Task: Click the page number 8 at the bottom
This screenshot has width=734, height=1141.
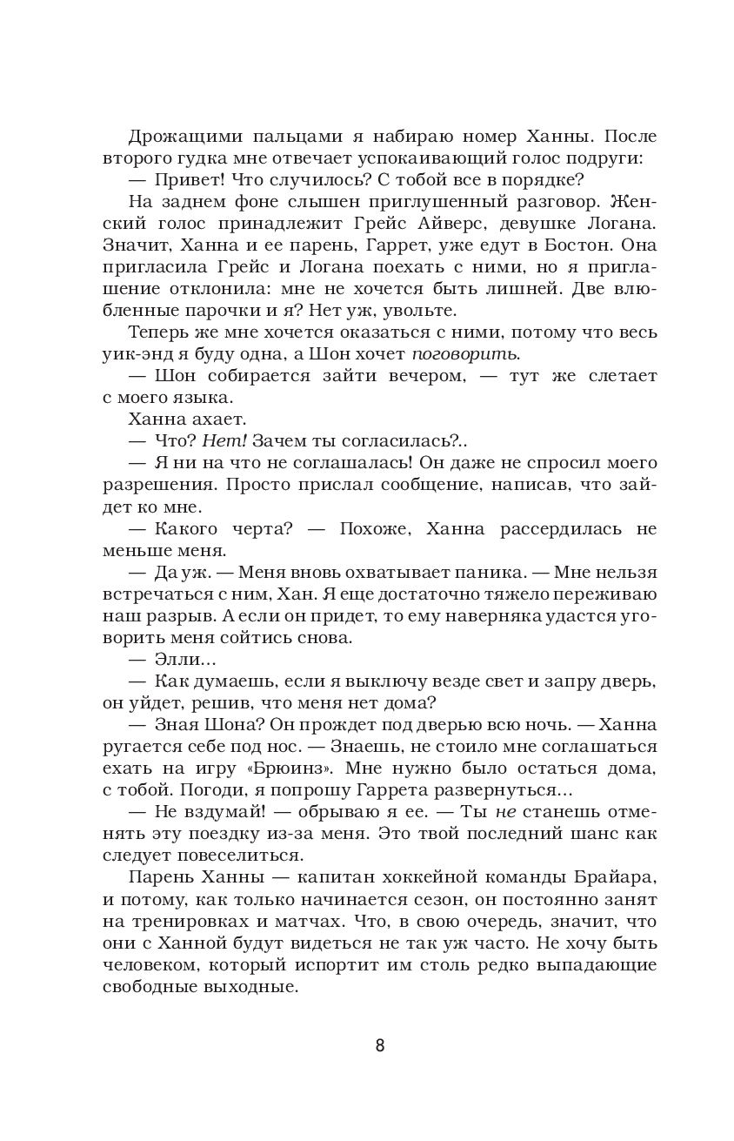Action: (379, 1045)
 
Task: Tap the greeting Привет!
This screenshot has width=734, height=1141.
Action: (190, 180)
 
